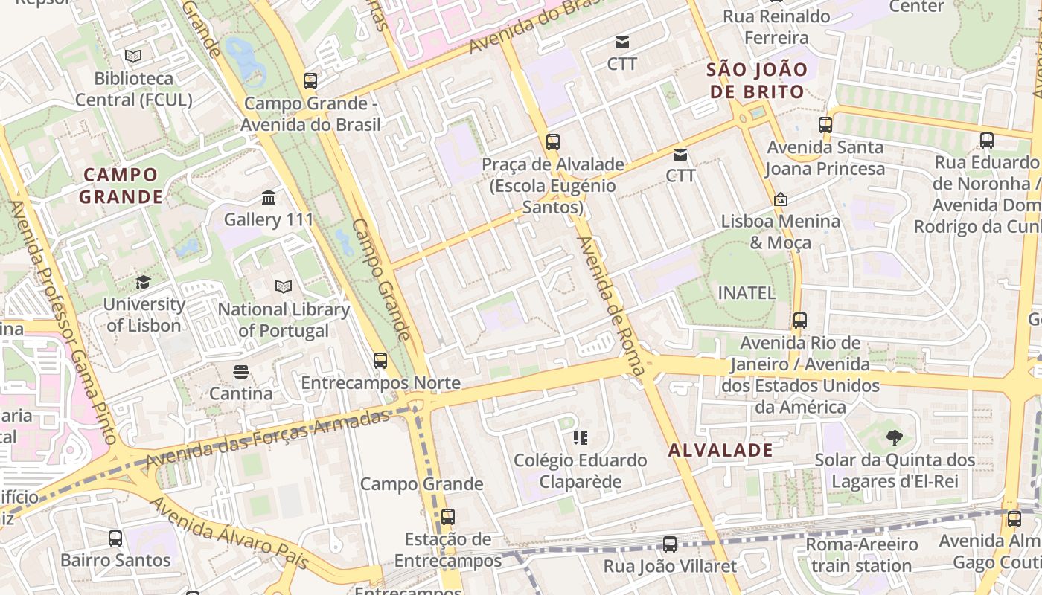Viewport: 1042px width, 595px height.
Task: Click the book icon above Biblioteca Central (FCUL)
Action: click(x=133, y=56)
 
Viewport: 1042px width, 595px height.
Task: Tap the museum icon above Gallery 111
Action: click(x=269, y=198)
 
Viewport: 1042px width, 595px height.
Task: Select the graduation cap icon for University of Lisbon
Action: click(x=143, y=282)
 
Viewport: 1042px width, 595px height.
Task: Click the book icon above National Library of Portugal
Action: click(x=283, y=286)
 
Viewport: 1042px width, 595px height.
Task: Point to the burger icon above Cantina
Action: click(x=240, y=371)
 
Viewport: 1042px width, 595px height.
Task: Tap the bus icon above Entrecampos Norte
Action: click(x=380, y=361)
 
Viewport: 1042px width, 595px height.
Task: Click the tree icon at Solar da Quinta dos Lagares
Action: click(x=895, y=438)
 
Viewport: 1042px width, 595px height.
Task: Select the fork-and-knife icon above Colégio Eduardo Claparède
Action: click(x=581, y=438)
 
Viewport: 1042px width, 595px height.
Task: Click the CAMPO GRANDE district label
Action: click(x=121, y=186)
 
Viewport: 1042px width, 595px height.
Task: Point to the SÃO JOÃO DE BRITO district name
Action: click(x=756, y=81)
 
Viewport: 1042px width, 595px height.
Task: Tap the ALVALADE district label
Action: click(x=720, y=450)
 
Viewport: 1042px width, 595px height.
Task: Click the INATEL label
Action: click(x=746, y=293)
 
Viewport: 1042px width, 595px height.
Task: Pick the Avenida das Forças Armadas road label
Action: click(x=268, y=439)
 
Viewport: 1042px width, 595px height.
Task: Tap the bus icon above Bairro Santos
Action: click(x=115, y=538)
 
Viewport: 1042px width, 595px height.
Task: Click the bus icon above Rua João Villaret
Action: click(x=670, y=544)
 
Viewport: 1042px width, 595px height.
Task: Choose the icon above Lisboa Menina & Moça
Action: click(x=781, y=199)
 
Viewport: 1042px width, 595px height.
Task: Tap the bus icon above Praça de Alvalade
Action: click(x=552, y=142)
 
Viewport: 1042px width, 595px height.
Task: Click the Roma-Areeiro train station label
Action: click(x=862, y=555)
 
